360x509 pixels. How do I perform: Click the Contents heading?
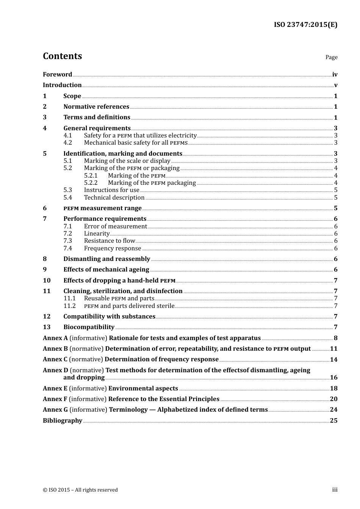tap(62, 56)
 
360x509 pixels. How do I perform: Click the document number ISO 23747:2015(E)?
tap(305, 25)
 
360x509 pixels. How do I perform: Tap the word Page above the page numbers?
tap(331, 57)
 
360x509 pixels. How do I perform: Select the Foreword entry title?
tap(57, 74)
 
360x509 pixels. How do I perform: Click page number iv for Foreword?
tap(335, 74)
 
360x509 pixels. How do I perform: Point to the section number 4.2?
tap(67, 143)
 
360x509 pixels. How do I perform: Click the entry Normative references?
tap(96, 107)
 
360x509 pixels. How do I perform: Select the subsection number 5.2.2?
tap(91, 183)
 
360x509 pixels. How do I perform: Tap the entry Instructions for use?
tap(111, 190)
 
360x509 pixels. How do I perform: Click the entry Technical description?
tap(114, 198)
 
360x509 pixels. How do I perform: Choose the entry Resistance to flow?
tap(109, 241)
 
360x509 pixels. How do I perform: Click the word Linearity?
tap(97, 234)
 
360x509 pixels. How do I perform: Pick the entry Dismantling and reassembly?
tap(106, 259)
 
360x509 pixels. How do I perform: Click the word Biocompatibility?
tap(89, 327)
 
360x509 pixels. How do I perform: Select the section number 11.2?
tap(69, 306)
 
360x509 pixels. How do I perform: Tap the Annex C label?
tap(55, 359)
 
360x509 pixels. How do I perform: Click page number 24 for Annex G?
tap(333, 410)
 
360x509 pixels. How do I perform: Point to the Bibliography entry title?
tap(63, 421)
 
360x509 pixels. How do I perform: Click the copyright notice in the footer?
tap(80, 490)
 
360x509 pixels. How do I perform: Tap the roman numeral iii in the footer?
tap(335, 490)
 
